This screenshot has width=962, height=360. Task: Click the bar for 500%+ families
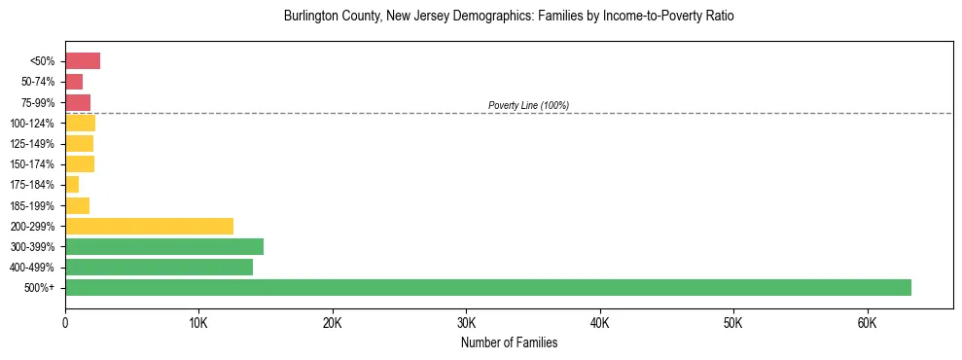pos(487,287)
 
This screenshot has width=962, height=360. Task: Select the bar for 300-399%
pos(163,246)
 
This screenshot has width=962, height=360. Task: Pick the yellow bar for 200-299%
pos(149,226)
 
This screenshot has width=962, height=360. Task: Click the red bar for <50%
pos(83,61)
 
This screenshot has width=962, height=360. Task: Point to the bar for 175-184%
pos(72,185)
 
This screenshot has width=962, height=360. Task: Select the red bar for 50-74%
pos(74,82)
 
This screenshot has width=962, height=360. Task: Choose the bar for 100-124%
pos(80,124)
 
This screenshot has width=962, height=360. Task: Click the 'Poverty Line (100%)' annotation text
pos(528,105)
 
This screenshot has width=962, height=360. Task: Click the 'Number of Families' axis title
pos(509,342)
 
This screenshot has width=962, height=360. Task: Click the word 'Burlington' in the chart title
pos(310,17)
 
